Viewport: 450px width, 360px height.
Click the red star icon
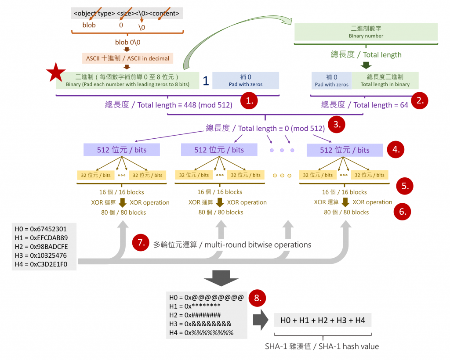click(56, 72)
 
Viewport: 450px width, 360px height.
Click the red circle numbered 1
click(249, 101)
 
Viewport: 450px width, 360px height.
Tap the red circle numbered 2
click(419, 101)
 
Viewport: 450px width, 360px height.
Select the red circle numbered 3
click(336, 124)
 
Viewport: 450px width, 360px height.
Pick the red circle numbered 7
click(141, 243)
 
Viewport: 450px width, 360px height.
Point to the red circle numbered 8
click(257, 299)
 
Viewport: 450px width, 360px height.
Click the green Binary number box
click(366, 32)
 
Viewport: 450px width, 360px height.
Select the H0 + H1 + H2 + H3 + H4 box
click(323, 320)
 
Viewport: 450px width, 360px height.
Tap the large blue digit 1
click(205, 80)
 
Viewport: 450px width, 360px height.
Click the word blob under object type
click(89, 25)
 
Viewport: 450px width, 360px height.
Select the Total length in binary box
click(385, 81)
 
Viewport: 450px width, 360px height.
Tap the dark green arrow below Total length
click(366, 66)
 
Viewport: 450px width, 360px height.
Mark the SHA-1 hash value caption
click(322, 346)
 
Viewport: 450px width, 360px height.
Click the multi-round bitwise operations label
click(232, 245)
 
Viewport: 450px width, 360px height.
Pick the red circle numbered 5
click(405, 186)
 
